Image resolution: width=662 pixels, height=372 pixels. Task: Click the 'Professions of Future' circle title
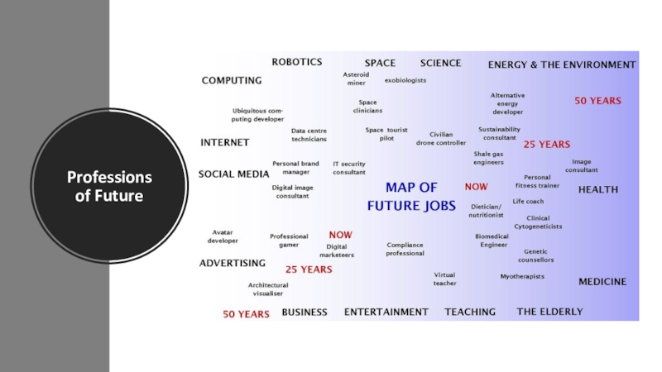pos(109,186)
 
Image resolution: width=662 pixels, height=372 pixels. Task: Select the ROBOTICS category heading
pos(297,62)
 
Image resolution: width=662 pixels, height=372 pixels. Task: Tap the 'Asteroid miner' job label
pos(356,79)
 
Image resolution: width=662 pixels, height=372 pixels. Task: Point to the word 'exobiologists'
pos(405,80)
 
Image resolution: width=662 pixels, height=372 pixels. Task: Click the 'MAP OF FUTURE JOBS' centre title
pos(411,197)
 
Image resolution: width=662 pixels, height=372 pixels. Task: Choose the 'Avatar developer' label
pos(223,236)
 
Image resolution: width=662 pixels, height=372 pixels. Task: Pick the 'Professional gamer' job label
pos(289,241)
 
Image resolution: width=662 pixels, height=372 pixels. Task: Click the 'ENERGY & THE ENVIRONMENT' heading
pos(562,64)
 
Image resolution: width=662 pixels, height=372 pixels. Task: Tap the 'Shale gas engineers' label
pos(488,158)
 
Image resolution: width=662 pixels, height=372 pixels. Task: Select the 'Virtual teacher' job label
pos(444,279)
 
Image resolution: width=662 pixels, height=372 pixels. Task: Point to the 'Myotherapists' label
pos(522,276)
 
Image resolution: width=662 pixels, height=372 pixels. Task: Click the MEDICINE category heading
pos(602,282)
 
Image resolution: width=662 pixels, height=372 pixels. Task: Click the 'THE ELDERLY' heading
pos(549,312)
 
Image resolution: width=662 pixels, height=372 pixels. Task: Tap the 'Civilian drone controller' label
pos(441,138)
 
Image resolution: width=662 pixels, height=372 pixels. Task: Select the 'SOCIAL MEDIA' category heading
pos(233,174)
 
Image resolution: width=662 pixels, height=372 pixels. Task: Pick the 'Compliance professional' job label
pos(405,249)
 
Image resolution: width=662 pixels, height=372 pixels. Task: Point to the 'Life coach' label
pos(528,201)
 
